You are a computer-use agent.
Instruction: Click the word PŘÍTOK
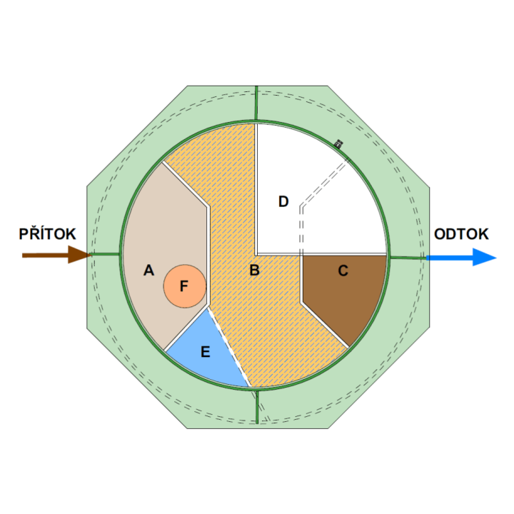47,234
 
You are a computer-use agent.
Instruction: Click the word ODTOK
461,234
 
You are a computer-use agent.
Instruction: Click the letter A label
148,271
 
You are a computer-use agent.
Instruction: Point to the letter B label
254,271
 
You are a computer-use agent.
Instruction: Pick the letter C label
343,271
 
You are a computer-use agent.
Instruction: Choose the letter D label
283,202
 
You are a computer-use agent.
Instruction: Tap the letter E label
206,351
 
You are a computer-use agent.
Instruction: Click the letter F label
183,286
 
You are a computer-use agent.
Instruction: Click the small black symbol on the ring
338,144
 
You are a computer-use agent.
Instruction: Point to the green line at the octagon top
256,104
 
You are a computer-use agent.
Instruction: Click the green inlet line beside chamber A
105,254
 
